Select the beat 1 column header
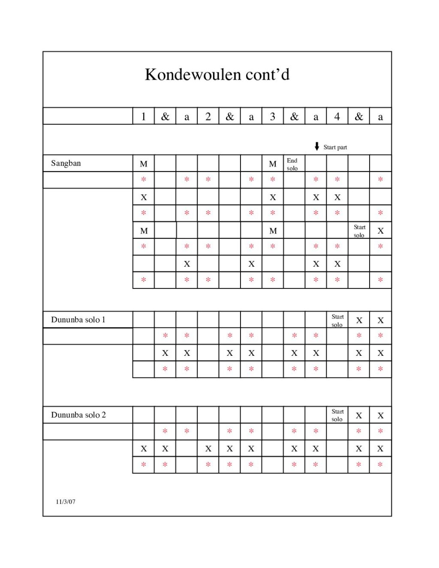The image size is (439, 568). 144,117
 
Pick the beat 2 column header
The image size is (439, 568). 208,117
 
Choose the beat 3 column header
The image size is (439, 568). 273,117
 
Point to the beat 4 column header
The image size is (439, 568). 337,117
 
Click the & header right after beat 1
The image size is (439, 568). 165,117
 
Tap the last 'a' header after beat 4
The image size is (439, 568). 380,117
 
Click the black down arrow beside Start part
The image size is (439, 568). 317,147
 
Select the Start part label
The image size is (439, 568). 335,147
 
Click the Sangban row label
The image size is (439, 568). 66,163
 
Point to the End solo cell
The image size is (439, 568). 292,164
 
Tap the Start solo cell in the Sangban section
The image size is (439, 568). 359,231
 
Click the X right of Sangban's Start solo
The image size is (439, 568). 380,231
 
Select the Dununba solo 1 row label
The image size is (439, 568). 78,320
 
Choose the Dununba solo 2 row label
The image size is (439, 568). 78,415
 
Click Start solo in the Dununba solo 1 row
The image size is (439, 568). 337,321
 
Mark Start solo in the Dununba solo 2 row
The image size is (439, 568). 337,415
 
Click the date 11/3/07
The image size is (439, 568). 66,502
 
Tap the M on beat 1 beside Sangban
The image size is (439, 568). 144,164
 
